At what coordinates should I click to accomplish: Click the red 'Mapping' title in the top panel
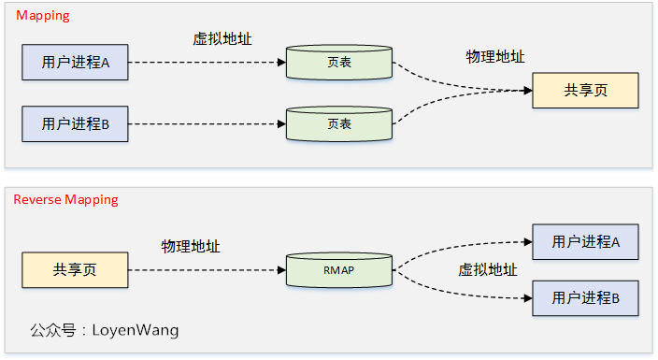[42, 16]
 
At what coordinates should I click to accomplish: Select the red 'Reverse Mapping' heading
[65, 199]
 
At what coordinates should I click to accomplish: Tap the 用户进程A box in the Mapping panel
[75, 63]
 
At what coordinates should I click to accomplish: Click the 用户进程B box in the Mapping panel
[75, 123]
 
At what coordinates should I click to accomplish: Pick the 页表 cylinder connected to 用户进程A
[338, 63]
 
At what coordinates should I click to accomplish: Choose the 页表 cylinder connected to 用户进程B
[338, 123]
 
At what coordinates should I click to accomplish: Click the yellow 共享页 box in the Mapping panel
[585, 91]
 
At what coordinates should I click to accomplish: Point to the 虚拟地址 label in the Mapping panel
[222, 38]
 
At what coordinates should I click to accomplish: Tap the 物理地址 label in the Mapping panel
[495, 57]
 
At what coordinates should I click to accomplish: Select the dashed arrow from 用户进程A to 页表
[206, 63]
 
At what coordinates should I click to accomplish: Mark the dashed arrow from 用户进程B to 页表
[206, 123]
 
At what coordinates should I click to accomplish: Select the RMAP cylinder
[338, 270]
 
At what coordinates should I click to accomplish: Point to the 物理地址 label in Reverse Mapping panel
[191, 246]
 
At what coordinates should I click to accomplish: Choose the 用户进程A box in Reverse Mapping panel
[585, 241]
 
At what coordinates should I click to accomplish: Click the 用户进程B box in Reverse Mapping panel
[585, 297]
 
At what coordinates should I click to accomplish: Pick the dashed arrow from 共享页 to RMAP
[206, 270]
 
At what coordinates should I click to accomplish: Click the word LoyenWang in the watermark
[136, 330]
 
